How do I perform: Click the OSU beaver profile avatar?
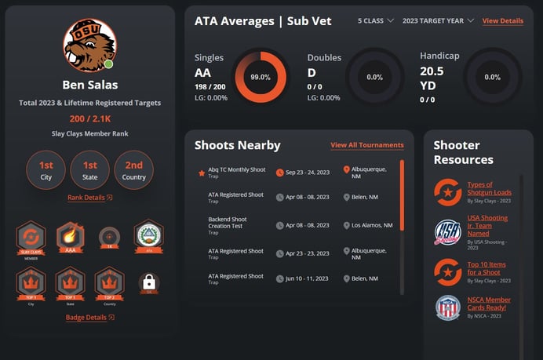pos(89,45)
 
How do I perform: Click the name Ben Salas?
pos(89,84)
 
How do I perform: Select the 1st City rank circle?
pos(46,170)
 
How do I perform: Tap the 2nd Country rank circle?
pos(134,170)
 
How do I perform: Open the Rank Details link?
pos(89,198)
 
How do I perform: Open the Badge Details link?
pos(89,318)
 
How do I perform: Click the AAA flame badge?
pos(70,236)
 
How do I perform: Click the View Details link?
pos(502,20)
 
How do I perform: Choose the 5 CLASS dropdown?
pos(376,20)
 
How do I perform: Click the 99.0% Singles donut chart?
pos(261,77)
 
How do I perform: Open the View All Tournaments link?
pos(366,145)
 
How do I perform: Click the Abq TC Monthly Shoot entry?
pos(236,169)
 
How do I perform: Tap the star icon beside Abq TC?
pos(202,173)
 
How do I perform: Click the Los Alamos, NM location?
pos(371,225)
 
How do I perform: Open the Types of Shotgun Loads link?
pos(489,188)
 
